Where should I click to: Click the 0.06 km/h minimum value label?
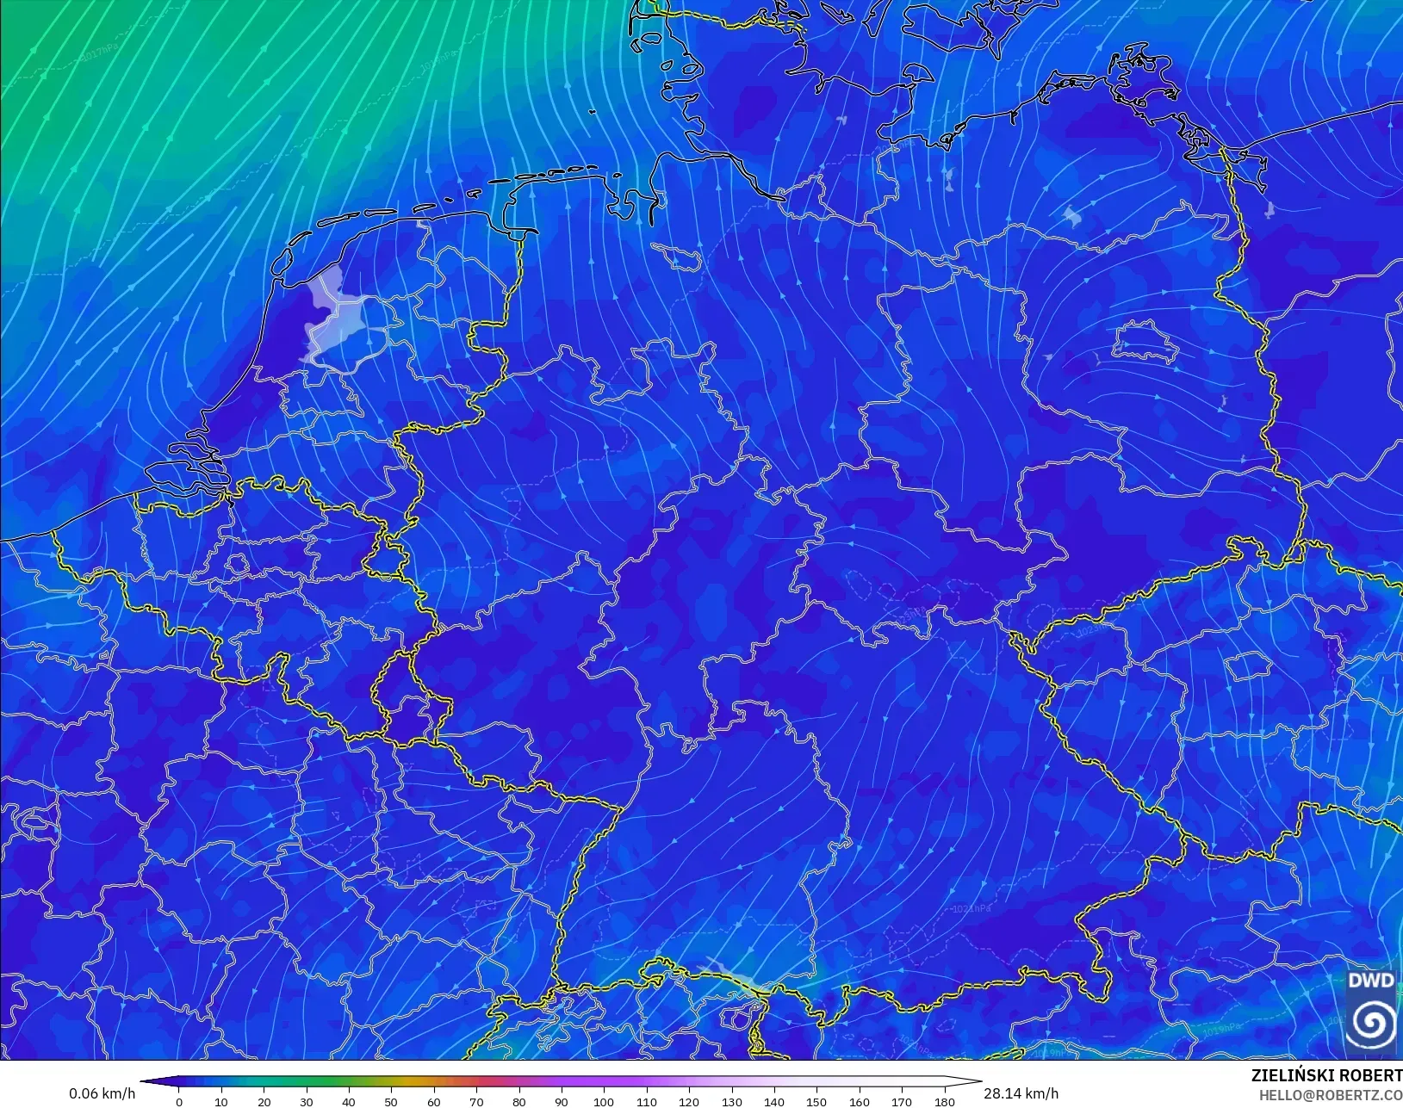click(x=102, y=1093)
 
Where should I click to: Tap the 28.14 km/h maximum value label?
click(x=1021, y=1093)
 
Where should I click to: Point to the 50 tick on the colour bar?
click(x=391, y=1101)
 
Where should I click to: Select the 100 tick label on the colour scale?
click(x=604, y=1101)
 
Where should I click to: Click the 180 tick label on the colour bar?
click(x=944, y=1101)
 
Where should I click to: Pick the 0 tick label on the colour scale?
click(x=179, y=1101)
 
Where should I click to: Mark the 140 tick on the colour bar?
click(x=773, y=1101)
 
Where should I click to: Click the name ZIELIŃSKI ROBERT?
click(x=1326, y=1076)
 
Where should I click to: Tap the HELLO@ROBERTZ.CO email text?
click(x=1331, y=1095)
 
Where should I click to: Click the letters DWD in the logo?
click(x=1370, y=981)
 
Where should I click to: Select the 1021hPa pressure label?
click(x=971, y=909)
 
